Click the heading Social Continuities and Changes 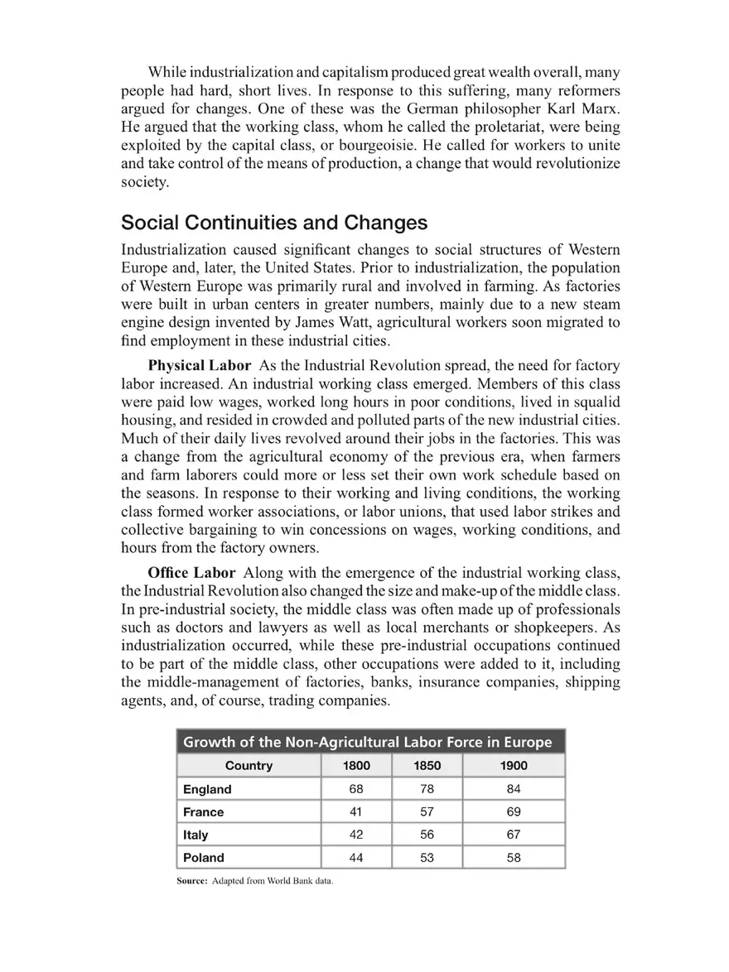pos(274,223)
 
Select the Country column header pos(249,766)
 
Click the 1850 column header pos(427,766)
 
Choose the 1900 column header pos(514,766)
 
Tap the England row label pos(207,790)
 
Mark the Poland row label pos(204,858)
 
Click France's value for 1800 pos(356,812)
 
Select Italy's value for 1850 pos(427,835)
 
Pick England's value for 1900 pos(514,790)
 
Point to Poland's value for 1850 pos(427,858)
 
